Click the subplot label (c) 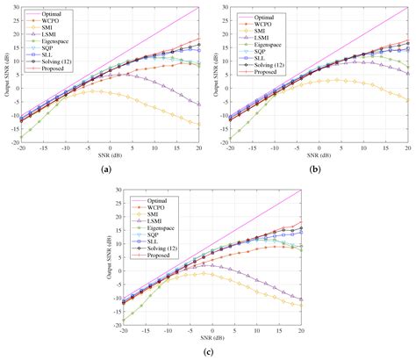(x=209, y=352)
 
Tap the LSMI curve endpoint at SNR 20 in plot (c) (x=301, y=299)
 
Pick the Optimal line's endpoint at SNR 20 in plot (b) (x=408, y=7)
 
